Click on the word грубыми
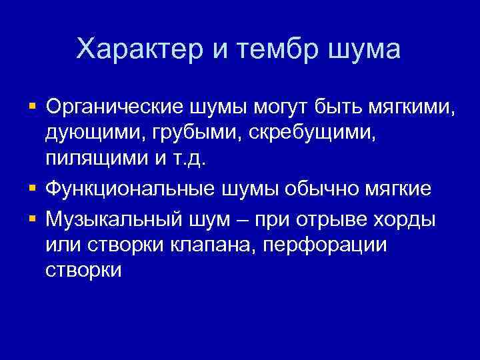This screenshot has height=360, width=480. tap(193, 133)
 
